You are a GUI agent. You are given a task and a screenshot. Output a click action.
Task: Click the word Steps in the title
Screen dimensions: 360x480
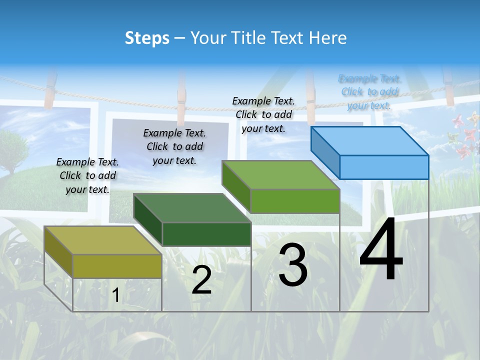pos(147,38)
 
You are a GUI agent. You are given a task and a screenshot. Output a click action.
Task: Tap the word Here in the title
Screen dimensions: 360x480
pos(327,38)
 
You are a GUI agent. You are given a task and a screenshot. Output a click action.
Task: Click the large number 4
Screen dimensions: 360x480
pos(381,250)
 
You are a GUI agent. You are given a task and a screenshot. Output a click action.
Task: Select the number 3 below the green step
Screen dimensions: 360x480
pos(293,264)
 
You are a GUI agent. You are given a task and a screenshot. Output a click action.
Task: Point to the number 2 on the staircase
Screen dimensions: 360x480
pos(201,280)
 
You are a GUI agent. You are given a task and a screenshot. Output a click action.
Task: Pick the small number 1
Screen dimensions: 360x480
pos(115,295)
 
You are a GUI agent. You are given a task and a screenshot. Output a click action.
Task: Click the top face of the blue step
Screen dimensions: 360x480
pos(369,140)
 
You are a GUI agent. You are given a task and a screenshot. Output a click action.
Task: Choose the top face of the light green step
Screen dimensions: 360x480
pos(280,175)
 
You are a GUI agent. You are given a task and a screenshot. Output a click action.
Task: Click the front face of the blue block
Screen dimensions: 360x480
pos(384,167)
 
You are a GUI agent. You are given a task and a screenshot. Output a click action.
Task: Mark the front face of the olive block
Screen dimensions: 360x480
pos(117,266)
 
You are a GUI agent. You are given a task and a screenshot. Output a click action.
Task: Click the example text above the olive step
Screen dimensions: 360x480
pos(87,175)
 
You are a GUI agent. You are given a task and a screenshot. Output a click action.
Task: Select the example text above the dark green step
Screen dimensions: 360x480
pos(174,146)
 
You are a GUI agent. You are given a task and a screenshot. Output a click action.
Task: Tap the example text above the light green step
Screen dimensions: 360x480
pos(263,114)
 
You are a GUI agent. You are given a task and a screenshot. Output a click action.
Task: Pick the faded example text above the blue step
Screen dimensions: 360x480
pos(369,92)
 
